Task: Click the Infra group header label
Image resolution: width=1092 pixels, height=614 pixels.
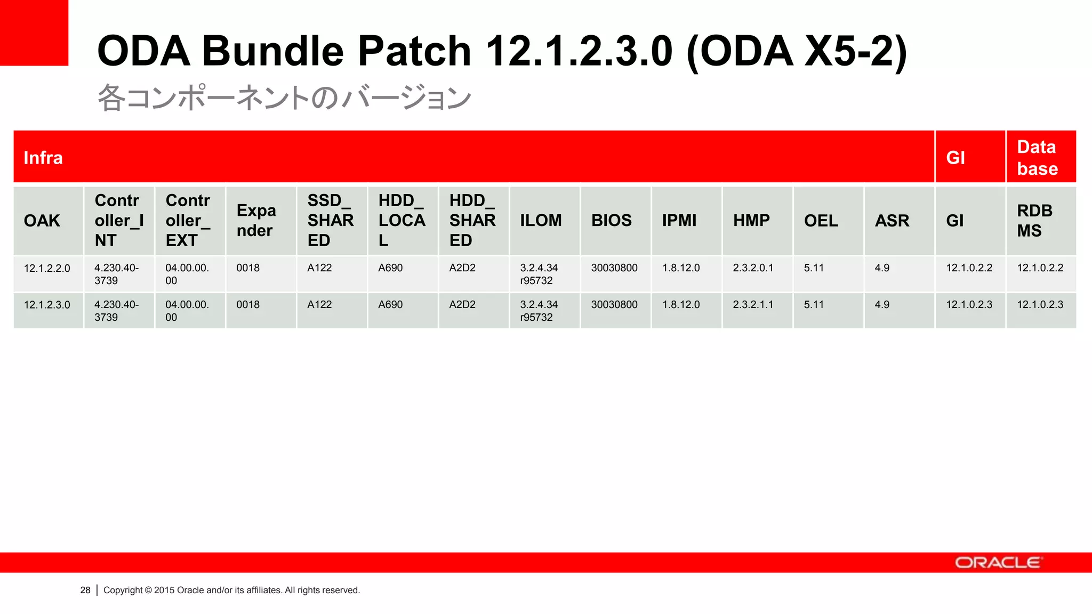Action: [43, 158]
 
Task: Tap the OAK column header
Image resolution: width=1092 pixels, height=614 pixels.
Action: [42, 221]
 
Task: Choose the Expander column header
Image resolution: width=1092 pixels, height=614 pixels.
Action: [256, 221]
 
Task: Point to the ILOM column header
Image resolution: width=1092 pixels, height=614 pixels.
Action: [541, 221]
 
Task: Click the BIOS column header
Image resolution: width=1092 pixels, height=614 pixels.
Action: [611, 221]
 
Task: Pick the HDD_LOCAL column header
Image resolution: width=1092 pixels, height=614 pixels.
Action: [402, 221]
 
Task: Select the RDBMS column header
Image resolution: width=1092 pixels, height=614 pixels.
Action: [1034, 221]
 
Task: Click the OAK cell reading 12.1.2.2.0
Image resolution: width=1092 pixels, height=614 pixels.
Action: [47, 268]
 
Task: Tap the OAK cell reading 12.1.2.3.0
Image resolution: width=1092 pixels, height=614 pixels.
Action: [47, 305]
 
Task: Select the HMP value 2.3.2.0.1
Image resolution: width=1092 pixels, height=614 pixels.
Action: [753, 268]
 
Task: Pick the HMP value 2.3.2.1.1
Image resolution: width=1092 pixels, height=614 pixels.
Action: [753, 305]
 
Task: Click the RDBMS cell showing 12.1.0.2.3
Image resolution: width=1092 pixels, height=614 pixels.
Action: [1040, 305]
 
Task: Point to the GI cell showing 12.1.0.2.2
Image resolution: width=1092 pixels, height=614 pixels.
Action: [969, 268]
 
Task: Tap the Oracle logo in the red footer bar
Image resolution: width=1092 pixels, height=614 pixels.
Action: [998, 563]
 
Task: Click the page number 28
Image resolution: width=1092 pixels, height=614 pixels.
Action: [85, 590]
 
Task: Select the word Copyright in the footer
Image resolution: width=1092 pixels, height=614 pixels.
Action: [123, 590]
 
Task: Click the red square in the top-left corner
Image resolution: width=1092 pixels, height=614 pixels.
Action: [34, 33]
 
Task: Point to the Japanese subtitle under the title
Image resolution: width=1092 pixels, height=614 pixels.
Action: [284, 98]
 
